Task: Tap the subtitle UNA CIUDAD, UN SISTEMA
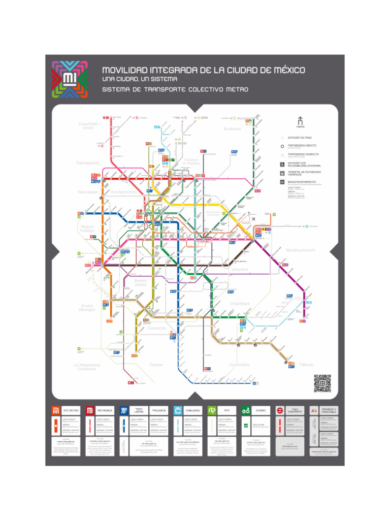point(140,79)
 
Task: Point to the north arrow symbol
point(300,120)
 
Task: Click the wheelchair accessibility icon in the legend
point(282,164)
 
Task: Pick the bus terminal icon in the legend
point(282,173)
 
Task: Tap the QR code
point(322,383)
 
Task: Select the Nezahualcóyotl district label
point(301,250)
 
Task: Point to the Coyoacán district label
point(157,328)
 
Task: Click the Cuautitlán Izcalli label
point(88,125)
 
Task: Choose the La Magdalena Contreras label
point(86,367)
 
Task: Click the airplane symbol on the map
point(253,219)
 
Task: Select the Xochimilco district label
point(239,365)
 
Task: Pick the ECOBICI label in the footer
point(261,410)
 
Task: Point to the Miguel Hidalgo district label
point(87,229)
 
